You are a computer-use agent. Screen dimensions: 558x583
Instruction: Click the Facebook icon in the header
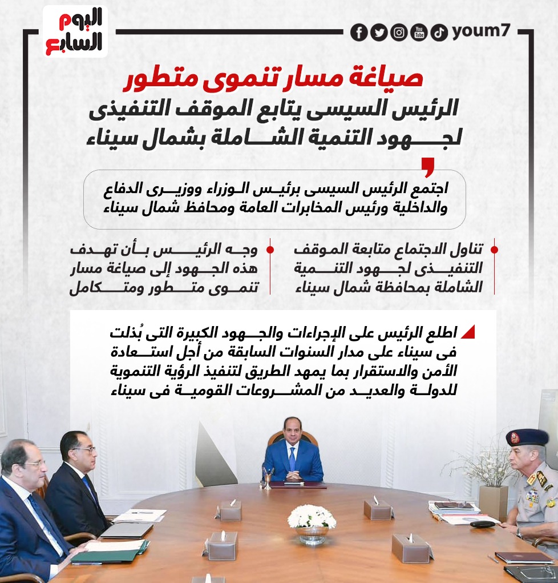click(x=358, y=33)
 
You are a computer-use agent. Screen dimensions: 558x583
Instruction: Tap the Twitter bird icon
click(x=378, y=33)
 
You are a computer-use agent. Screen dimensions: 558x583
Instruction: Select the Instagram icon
click(x=399, y=33)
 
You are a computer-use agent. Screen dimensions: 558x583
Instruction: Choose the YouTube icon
click(x=419, y=33)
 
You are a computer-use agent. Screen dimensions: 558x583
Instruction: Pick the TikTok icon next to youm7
click(x=439, y=33)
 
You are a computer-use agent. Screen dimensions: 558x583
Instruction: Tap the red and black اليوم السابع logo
click(x=75, y=31)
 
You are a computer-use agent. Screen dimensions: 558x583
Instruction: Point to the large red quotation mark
click(x=427, y=167)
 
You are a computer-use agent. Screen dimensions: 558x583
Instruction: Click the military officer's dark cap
click(x=527, y=438)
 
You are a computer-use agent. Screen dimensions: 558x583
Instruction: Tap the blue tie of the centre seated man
click(x=293, y=458)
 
